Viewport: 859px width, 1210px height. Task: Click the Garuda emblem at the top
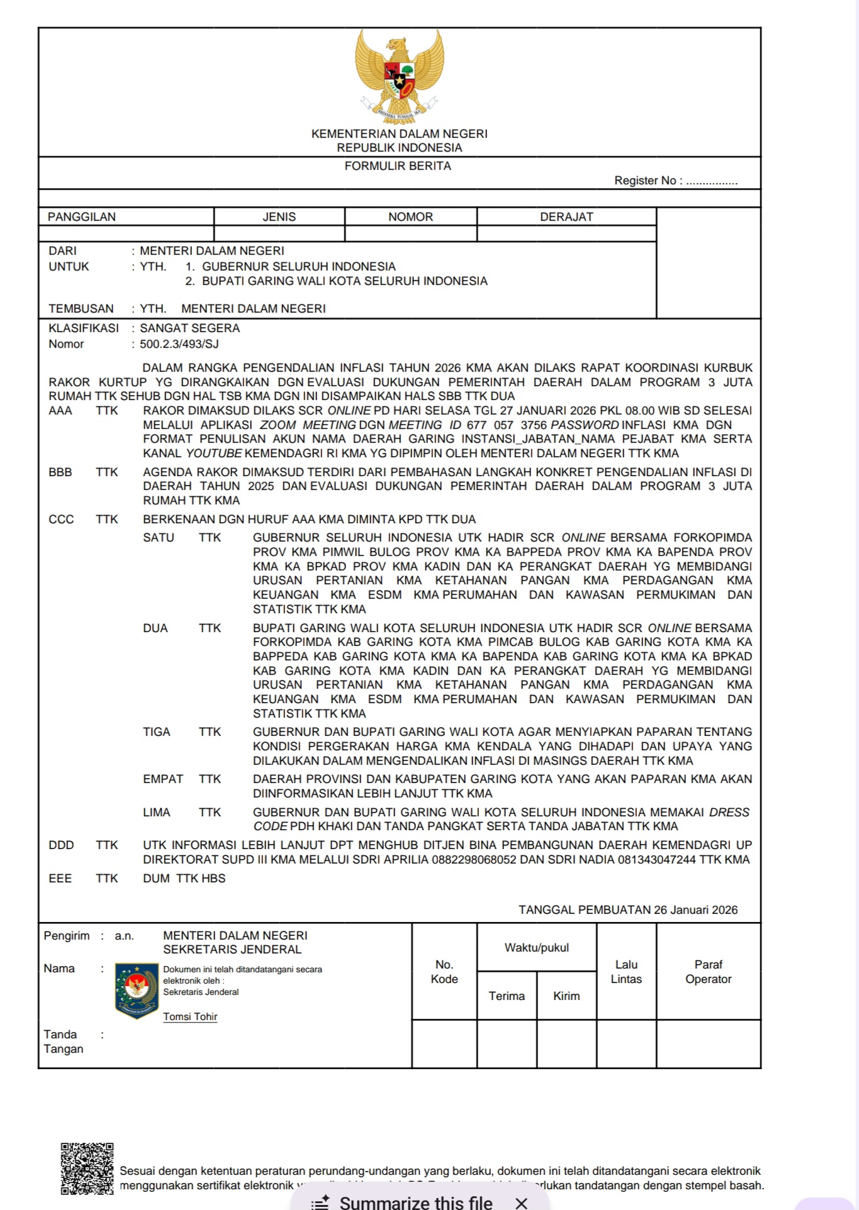tap(399, 74)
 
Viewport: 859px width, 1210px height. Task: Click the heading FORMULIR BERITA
tap(398, 166)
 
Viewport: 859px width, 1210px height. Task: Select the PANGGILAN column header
tap(82, 217)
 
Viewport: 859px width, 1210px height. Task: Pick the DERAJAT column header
tap(566, 217)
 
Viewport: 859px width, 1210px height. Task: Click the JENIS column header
tap(279, 217)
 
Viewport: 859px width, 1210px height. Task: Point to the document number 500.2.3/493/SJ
tap(179, 344)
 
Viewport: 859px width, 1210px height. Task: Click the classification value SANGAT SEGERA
tap(189, 328)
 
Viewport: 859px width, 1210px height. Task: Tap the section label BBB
tap(60, 472)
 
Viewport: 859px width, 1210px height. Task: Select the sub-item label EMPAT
tap(163, 779)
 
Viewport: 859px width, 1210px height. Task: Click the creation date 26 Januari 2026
tap(695, 910)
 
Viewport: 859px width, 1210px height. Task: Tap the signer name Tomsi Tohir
tap(190, 1017)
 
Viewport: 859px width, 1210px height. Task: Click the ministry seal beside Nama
tap(137, 991)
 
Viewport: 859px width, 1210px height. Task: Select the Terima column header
tap(507, 996)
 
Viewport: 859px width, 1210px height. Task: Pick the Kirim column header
tap(566, 996)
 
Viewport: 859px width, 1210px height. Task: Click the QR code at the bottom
tap(87, 1168)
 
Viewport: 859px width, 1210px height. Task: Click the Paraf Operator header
tap(708, 972)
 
